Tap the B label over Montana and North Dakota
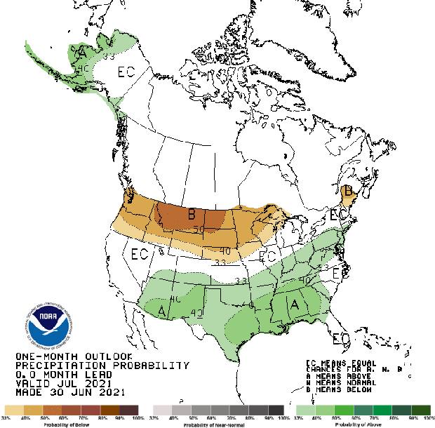coord(191,215)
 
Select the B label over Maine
coord(346,191)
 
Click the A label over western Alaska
coord(83,52)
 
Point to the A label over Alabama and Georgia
coord(295,304)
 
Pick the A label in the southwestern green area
coord(163,309)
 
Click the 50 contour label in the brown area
coord(199,229)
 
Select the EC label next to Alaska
coord(126,72)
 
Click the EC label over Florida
coord(341,339)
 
